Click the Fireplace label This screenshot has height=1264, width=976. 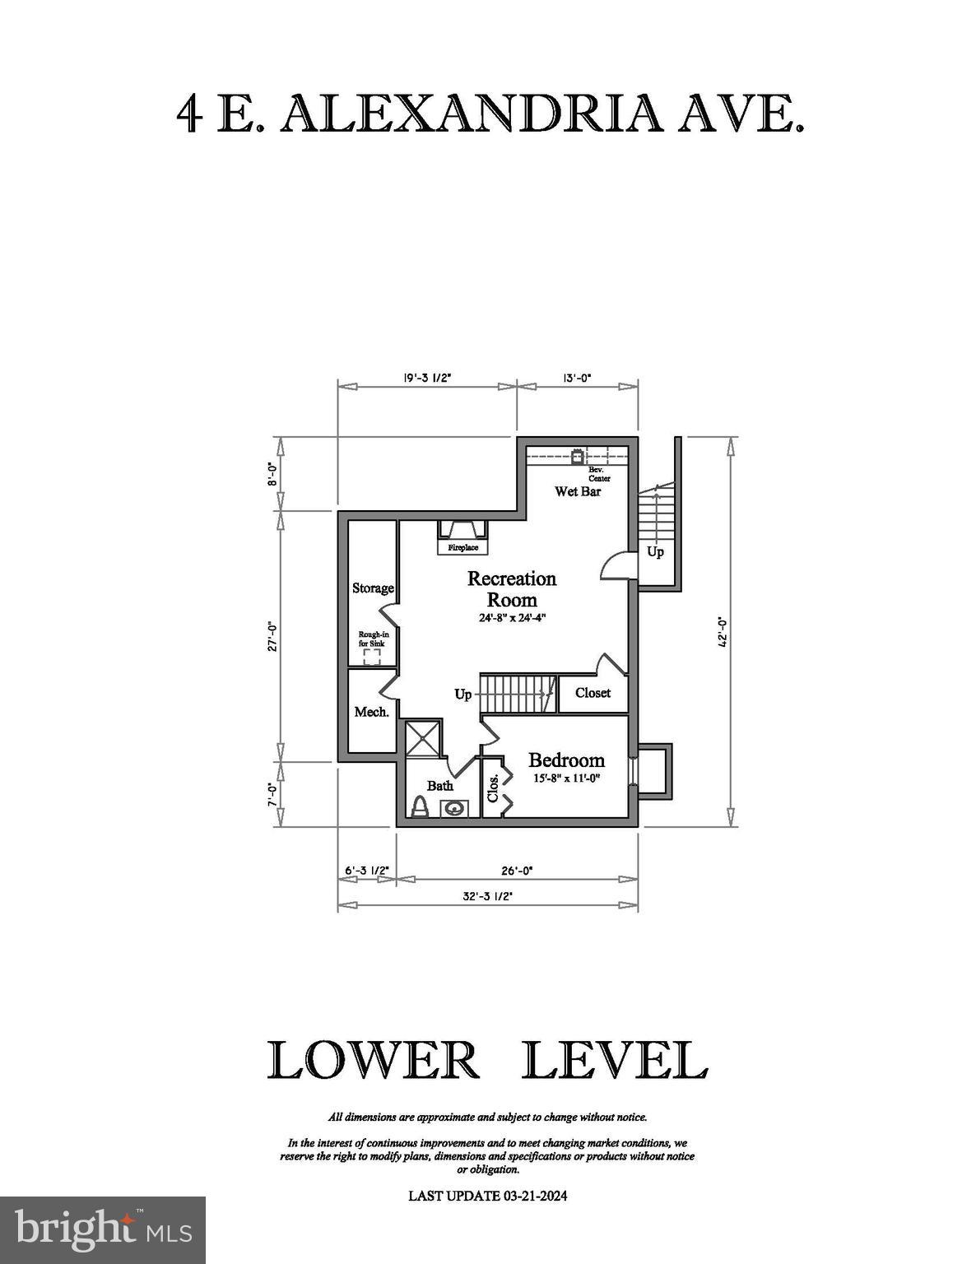pyautogui.click(x=462, y=547)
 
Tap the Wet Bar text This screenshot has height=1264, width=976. pyautogui.click(x=577, y=491)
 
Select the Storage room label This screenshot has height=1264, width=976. pyautogui.click(x=373, y=588)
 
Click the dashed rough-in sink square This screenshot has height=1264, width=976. pyautogui.click(x=372, y=656)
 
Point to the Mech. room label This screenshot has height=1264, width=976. pyautogui.click(x=371, y=712)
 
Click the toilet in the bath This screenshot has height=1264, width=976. pyautogui.click(x=419, y=806)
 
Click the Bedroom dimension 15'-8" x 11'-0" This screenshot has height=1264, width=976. pyautogui.click(x=566, y=778)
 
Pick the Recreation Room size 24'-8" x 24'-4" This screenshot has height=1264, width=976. pyautogui.click(x=512, y=617)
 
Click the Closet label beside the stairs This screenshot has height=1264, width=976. pyautogui.click(x=593, y=693)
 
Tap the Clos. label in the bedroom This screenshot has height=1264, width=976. pyautogui.click(x=494, y=788)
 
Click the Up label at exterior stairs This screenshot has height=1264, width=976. pyautogui.click(x=655, y=551)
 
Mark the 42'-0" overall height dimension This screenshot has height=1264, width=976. pyautogui.click(x=723, y=630)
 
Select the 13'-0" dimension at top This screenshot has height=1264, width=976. pyautogui.click(x=577, y=378)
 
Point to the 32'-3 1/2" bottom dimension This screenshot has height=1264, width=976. pyautogui.click(x=487, y=896)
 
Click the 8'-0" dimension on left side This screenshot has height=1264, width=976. pyautogui.click(x=272, y=474)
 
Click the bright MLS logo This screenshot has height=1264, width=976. pyautogui.click(x=103, y=1229)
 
